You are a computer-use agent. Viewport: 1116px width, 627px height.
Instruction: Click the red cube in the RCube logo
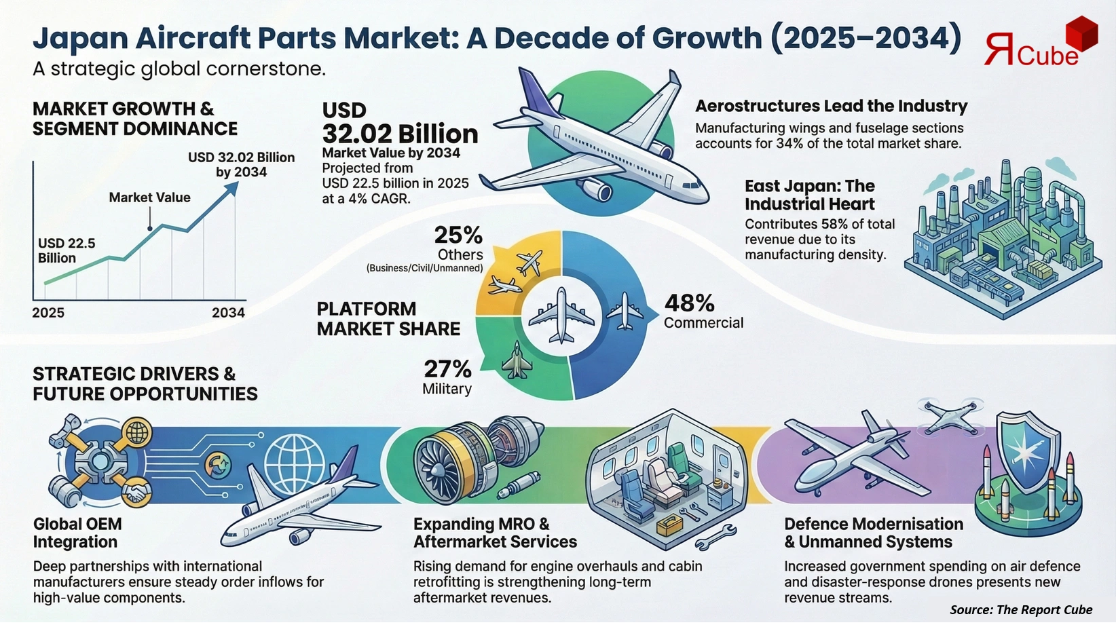tap(1081, 35)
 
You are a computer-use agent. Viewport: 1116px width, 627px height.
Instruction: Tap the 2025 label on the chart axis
tap(48, 313)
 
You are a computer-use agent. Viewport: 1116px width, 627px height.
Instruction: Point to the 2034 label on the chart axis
tap(228, 313)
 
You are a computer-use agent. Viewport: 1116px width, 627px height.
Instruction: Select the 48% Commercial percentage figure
tap(689, 303)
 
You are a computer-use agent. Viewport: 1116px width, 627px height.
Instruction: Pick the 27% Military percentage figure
tap(447, 369)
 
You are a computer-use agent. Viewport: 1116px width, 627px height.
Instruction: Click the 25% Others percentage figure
tap(458, 235)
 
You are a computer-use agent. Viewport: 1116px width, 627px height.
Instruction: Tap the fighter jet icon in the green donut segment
tap(516, 360)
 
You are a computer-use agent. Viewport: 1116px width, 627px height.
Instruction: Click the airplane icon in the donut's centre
tap(561, 316)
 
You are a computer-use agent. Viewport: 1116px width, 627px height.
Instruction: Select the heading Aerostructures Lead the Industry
tap(831, 107)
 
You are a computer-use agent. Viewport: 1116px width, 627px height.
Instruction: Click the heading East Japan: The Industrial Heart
tap(809, 195)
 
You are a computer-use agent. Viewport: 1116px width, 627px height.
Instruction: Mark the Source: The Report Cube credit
tap(1020, 609)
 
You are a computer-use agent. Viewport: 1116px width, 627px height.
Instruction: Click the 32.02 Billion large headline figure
tap(400, 134)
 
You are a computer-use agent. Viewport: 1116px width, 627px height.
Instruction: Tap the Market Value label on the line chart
tap(149, 197)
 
